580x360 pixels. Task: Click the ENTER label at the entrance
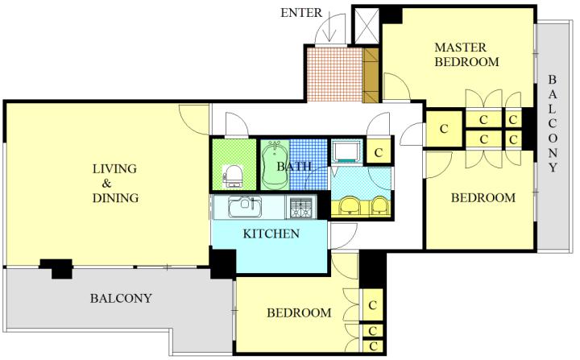click(x=301, y=13)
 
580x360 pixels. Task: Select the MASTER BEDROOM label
click(x=466, y=55)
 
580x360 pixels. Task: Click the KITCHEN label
click(x=271, y=234)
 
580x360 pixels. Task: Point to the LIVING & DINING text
click(x=115, y=183)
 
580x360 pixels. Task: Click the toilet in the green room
click(x=233, y=176)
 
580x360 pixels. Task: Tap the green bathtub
click(x=275, y=165)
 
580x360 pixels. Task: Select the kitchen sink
click(x=245, y=207)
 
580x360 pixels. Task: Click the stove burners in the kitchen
click(x=300, y=208)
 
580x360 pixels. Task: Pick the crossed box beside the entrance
click(x=367, y=26)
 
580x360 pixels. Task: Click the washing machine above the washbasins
click(x=346, y=151)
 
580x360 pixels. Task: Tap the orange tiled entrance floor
click(x=335, y=74)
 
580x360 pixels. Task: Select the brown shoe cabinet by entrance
click(x=371, y=75)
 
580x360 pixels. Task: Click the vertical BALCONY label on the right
click(x=553, y=123)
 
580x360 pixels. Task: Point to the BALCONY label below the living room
click(x=121, y=298)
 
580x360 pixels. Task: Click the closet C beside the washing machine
click(x=378, y=152)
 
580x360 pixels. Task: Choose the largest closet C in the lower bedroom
click(x=372, y=305)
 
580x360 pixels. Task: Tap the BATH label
click(x=294, y=167)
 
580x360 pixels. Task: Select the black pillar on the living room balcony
click(x=56, y=268)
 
